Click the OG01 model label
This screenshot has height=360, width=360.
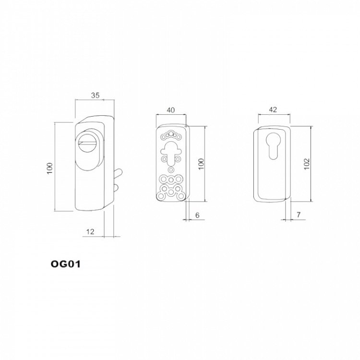pos(66,264)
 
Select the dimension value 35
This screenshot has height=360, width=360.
pos(96,96)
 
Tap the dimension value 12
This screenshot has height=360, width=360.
pos(90,232)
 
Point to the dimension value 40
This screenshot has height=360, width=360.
pos(170,110)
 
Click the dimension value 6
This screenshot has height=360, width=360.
pos(197,215)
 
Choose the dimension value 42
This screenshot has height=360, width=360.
pos(273,110)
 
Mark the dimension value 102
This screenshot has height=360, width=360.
pos(307,164)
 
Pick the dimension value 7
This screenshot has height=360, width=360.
pos(299,215)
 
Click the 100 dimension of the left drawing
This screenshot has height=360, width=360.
pos(50,168)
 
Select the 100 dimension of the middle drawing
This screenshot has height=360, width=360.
pos(201,164)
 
